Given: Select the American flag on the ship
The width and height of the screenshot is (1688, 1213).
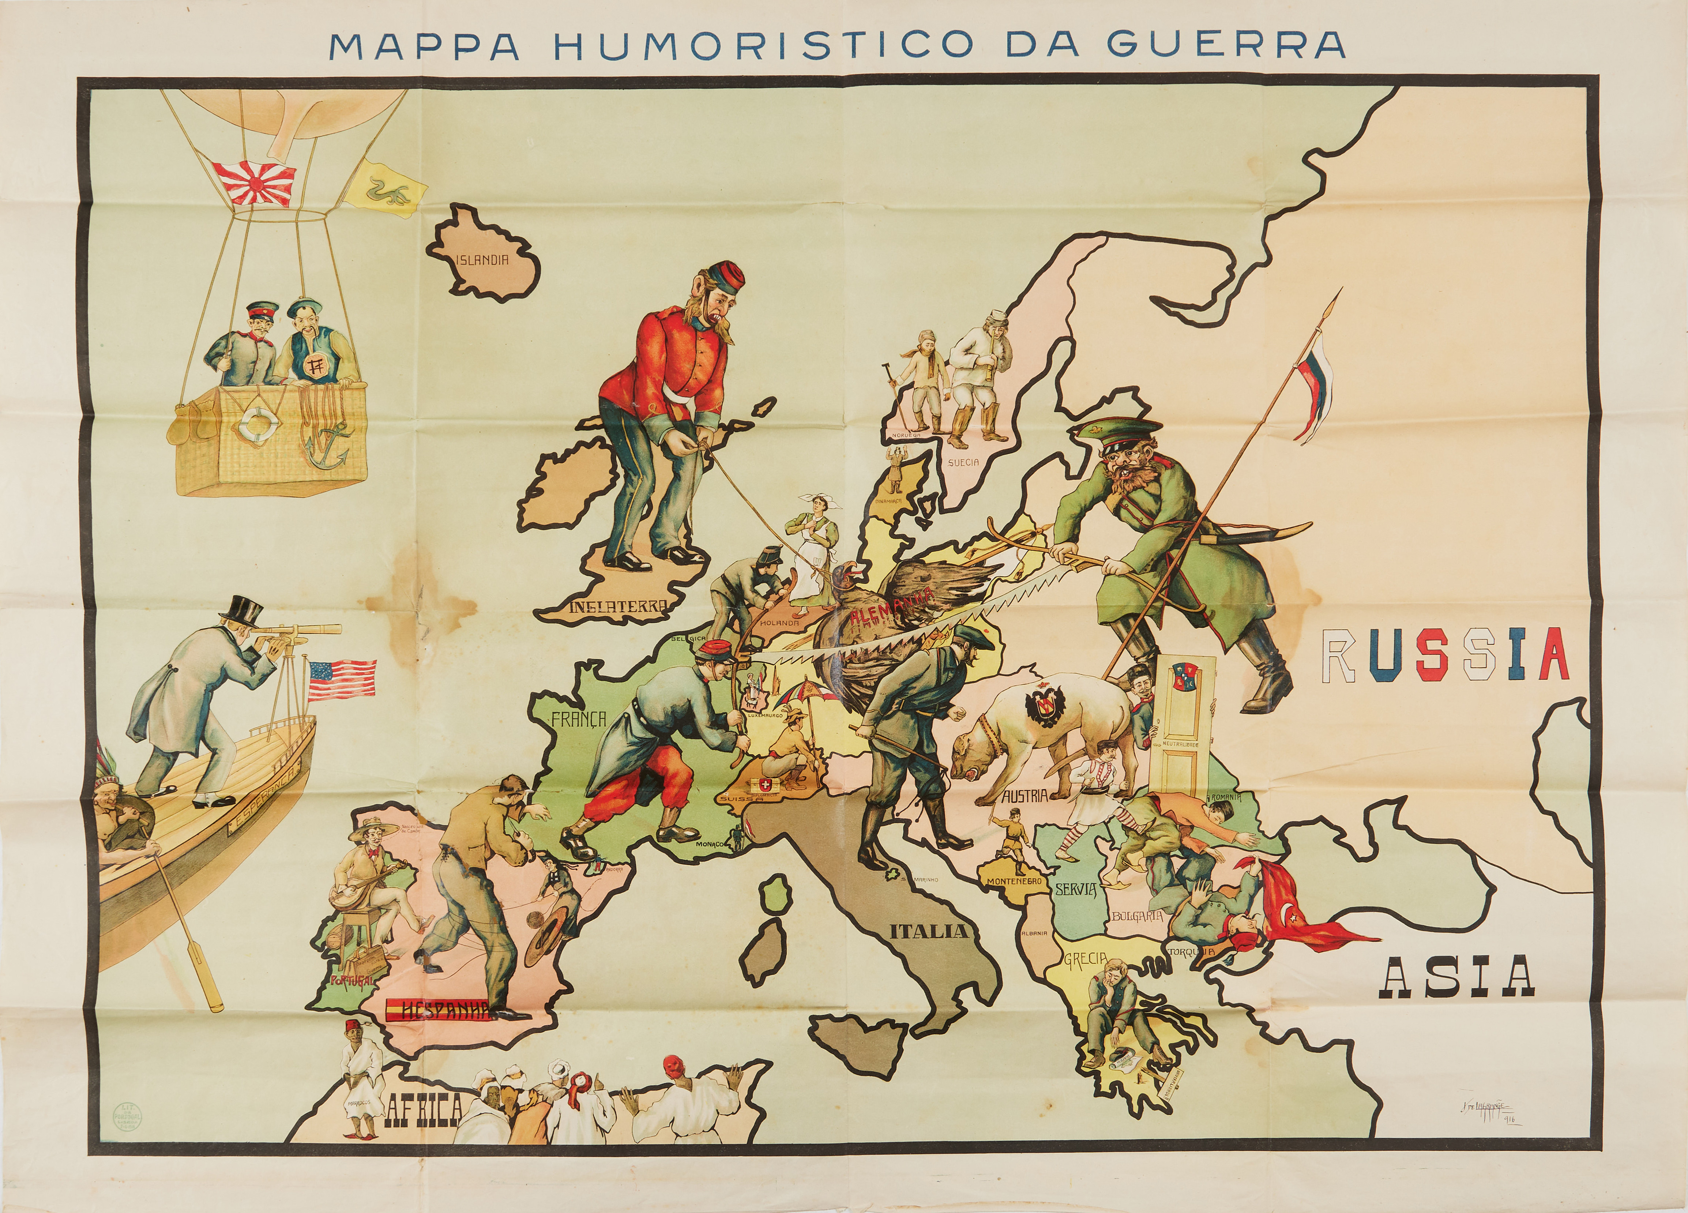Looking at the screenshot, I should [x=341, y=680].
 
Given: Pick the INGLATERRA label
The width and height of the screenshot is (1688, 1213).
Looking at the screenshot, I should [x=617, y=607].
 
